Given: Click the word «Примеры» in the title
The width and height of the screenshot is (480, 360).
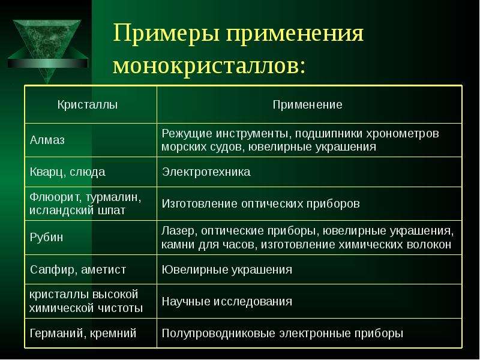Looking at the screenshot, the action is (x=167, y=34).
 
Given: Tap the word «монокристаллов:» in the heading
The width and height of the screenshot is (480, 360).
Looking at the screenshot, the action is (x=209, y=65).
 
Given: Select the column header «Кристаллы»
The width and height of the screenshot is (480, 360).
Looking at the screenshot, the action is (x=88, y=105).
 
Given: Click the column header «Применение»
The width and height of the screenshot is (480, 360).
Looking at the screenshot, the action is (x=307, y=105).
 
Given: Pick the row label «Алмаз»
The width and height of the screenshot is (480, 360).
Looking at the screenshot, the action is (x=47, y=140).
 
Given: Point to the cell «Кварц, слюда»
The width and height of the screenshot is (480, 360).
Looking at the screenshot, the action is (x=67, y=172).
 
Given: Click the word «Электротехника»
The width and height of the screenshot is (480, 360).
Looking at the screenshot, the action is (x=206, y=172).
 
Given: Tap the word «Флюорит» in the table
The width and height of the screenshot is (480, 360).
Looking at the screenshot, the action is (x=54, y=197).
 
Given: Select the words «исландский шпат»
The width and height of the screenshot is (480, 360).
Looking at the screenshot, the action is (x=77, y=211).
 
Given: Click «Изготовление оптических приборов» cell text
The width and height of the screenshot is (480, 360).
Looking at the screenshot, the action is (x=260, y=204).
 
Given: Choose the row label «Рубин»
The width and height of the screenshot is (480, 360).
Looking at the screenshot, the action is (x=46, y=237).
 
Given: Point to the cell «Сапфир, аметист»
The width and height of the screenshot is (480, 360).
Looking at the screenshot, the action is (x=78, y=269).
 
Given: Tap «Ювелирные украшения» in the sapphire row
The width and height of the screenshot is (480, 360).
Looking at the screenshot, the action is (x=227, y=269).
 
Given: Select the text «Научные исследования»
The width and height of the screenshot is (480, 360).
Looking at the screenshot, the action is (x=227, y=302).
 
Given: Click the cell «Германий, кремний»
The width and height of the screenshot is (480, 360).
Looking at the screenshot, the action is (x=83, y=333).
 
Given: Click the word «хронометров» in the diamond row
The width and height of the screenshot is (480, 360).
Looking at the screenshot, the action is (x=402, y=134).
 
